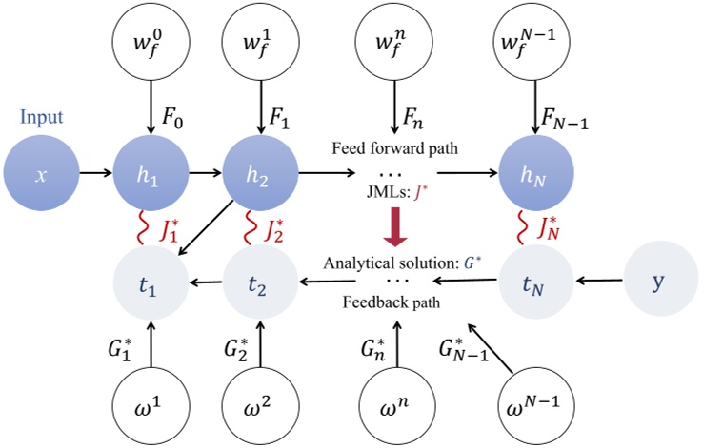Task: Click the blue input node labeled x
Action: point(40,176)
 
